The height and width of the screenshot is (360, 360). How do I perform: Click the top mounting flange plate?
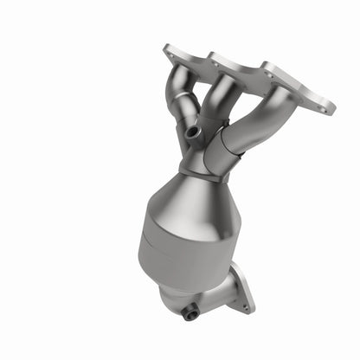251,78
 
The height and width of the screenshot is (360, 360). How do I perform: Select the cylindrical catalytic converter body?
177,247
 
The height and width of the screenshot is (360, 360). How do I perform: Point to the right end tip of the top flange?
333,109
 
